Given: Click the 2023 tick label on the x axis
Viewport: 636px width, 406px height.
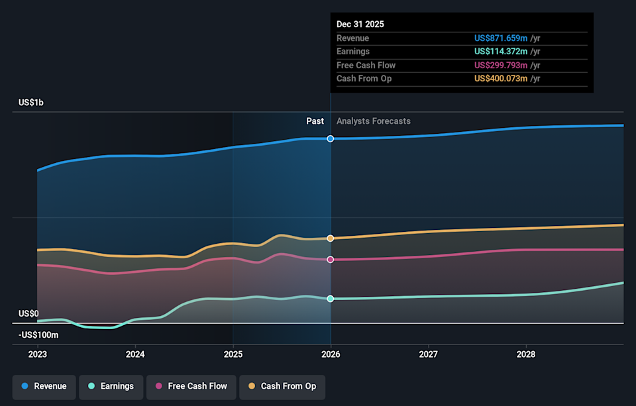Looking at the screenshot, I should pos(38,354).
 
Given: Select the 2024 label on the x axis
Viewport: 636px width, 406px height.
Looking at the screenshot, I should pos(135,354).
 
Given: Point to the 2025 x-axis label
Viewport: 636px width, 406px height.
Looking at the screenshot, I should pos(233,354).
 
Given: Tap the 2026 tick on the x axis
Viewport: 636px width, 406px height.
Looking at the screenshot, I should pos(331,354).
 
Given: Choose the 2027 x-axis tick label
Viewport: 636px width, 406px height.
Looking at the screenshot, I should pos(429,354).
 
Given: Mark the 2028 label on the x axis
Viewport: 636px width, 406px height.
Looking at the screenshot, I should pos(526,354).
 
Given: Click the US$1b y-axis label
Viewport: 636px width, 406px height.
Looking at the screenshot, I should pos(31,103).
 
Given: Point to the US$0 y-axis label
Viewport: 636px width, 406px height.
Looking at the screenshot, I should pos(28,313).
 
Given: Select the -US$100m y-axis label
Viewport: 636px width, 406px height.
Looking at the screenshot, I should pos(38,335).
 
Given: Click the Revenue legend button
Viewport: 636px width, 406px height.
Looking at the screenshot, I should pos(44,386).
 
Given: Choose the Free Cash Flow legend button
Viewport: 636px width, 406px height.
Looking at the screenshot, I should pos(191,386).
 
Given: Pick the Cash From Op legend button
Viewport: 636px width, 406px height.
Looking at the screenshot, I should pos(282,386).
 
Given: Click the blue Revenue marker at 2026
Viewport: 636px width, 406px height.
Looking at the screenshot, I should pos(331,138).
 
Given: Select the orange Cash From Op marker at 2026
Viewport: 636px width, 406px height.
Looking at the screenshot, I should pos(331,238).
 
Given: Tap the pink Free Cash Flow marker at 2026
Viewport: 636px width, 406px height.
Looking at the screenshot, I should pos(331,260).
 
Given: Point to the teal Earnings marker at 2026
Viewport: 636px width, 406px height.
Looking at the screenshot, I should pos(331,299).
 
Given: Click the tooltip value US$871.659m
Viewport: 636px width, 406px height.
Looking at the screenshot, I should pos(501,38).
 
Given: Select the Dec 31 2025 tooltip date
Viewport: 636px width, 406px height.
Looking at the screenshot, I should pos(360,24).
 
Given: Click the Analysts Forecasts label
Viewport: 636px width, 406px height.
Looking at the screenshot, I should pos(374,121).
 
